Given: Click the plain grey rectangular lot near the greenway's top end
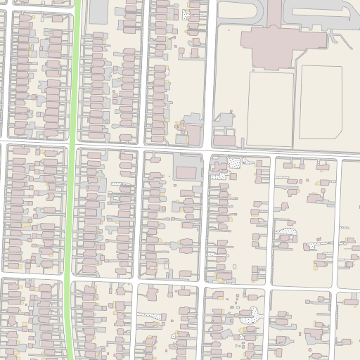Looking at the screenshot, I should (x=98, y=10).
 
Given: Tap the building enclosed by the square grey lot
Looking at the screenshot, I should (x=186, y=172).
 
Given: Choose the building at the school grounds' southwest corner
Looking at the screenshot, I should (x=224, y=141).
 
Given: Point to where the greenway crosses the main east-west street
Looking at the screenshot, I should (x=72, y=145).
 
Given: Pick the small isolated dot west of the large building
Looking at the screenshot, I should (x=229, y=31).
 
